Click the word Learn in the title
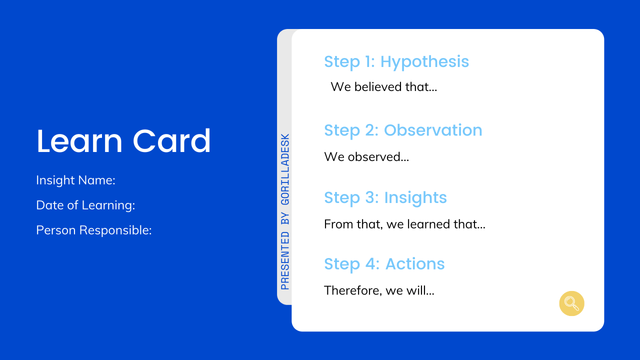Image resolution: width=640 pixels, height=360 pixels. [79, 141]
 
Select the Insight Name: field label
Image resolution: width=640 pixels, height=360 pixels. [75, 180]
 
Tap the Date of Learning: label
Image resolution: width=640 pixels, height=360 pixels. [85, 205]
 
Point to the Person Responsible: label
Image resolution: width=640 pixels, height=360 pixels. [93, 230]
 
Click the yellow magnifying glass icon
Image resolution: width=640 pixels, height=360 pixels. [571, 303]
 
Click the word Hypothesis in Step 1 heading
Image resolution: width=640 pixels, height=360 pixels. [424, 61]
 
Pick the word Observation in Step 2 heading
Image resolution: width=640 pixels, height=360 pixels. [432, 130]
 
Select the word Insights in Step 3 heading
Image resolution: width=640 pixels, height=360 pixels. [415, 197]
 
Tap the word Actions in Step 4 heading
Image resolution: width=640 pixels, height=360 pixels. [415, 264]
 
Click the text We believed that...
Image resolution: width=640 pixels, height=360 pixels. [383, 87]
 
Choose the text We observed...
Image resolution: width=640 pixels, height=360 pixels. [366, 157]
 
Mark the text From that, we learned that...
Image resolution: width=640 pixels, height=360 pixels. [404, 224]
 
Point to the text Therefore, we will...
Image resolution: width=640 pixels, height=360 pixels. [378, 290]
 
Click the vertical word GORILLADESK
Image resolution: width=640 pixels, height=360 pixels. [285, 169]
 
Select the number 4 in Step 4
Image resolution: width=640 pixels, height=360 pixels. [371, 264]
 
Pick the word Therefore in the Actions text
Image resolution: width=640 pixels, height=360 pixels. [352, 290]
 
